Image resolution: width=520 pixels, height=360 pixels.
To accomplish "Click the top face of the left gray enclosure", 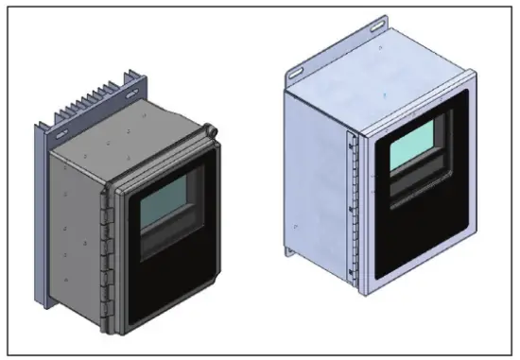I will pos(123,146).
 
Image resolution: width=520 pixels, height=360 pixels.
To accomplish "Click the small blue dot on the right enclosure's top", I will pos(388,95).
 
